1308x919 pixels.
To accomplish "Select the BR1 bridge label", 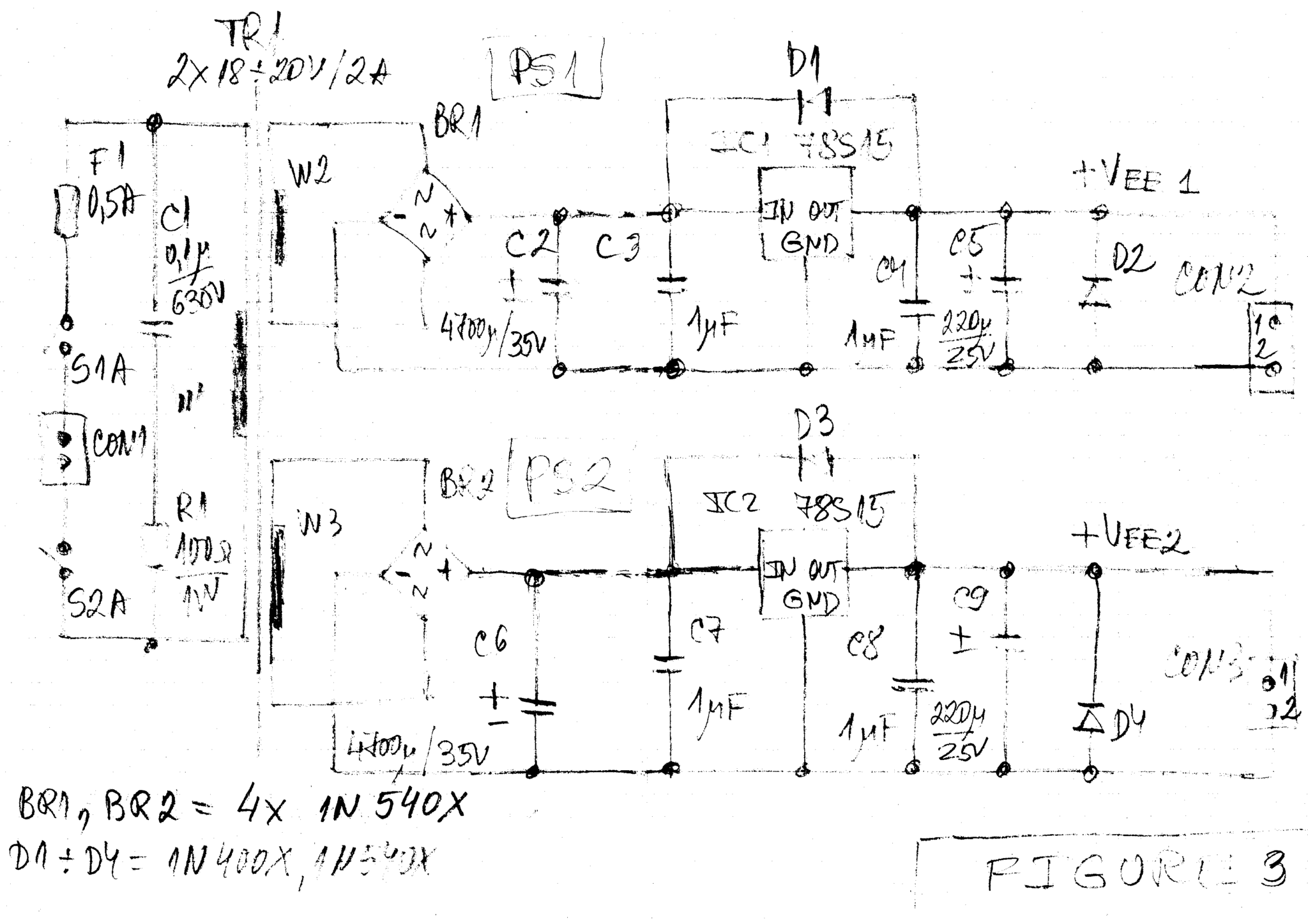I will [x=457, y=123].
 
